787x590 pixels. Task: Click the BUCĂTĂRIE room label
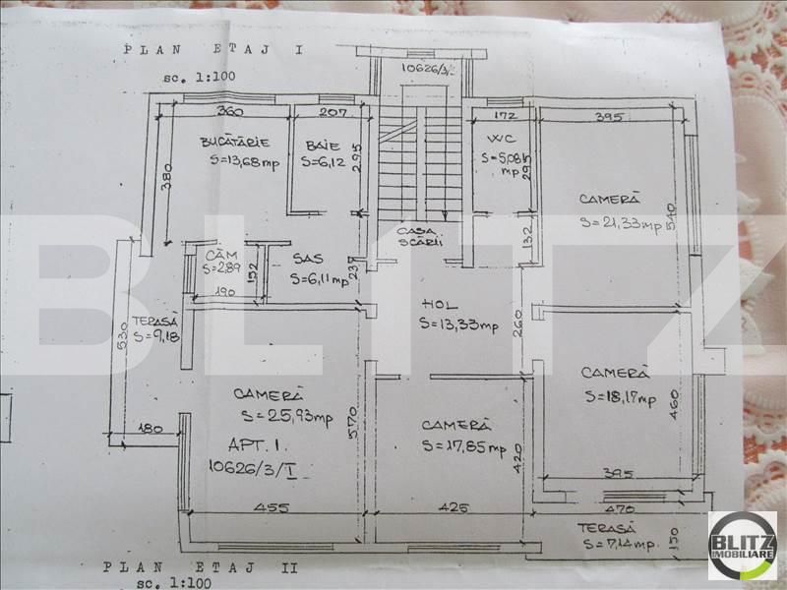(x=232, y=142)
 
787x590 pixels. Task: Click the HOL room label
(x=435, y=303)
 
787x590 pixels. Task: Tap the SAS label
(x=308, y=260)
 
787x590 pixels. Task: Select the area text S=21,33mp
(x=619, y=222)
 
